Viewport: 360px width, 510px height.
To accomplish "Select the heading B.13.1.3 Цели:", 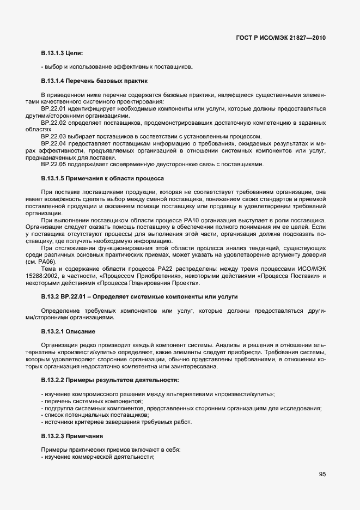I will coord(62,53).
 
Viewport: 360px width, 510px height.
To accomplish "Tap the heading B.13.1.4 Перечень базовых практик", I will coord(94,81).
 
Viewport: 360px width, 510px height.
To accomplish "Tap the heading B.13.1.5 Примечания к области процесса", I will coord(102,178).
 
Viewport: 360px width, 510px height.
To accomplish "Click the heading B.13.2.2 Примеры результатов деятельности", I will coord(110,379).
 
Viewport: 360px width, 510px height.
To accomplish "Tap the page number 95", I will coord(322,474).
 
